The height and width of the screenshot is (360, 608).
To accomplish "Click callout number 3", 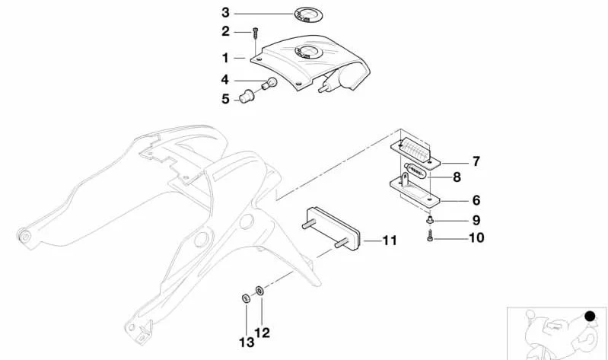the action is pyautogui.click(x=225, y=12).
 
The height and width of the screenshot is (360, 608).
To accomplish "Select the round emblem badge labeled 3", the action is pyautogui.click(x=308, y=14).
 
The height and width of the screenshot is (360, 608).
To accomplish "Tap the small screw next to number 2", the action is pyautogui.click(x=255, y=33).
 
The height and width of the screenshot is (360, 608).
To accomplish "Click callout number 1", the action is pyautogui.click(x=225, y=58).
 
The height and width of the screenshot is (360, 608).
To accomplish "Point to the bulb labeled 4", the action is pyautogui.click(x=269, y=84).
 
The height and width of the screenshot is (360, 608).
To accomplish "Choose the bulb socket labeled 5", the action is pyautogui.click(x=246, y=96).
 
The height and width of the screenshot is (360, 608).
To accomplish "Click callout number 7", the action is pyautogui.click(x=476, y=161).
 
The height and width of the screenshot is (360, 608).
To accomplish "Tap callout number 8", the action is pyautogui.click(x=457, y=177).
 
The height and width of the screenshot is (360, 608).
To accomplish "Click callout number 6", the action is pyautogui.click(x=476, y=201).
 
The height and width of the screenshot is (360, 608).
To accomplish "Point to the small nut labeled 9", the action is pyautogui.click(x=429, y=220).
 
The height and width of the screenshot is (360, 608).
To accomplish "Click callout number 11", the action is pyautogui.click(x=390, y=241).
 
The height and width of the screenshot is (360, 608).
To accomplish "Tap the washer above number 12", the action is pyautogui.click(x=259, y=290).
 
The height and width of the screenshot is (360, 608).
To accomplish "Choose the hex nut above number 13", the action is pyautogui.click(x=246, y=298).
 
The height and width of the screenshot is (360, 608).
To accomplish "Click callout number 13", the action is pyautogui.click(x=247, y=342).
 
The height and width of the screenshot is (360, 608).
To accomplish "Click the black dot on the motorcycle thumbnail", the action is pyautogui.click(x=590, y=317).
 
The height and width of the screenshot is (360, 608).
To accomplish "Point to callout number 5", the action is pyautogui.click(x=225, y=99).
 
